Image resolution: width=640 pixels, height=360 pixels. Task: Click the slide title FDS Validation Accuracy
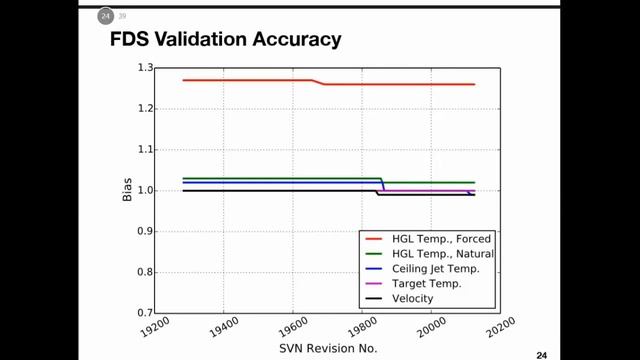pyautogui.click(x=226, y=40)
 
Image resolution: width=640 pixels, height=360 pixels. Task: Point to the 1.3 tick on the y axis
pyautogui.click(x=145, y=68)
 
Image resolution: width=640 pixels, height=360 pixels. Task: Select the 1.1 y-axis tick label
pyautogui.click(x=145, y=150)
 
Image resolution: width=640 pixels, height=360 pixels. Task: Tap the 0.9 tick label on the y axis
pyautogui.click(x=145, y=231)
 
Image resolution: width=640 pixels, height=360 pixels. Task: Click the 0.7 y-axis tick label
pyautogui.click(x=145, y=313)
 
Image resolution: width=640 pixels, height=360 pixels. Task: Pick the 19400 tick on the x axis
pyautogui.click(x=224, y=328)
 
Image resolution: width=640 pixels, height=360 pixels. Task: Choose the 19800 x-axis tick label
pyautogui.click(x=362, y=328)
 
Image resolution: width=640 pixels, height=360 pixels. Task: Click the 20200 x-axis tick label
pyautogui.click(x=500, y=328)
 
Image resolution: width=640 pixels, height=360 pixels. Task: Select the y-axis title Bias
pyautogui.click(x=127, y=190)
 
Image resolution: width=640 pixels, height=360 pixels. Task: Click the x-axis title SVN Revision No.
pyautogui.click(x=328, y=349)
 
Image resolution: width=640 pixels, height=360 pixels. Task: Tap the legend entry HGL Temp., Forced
pyautogui.click(x=441, y=239)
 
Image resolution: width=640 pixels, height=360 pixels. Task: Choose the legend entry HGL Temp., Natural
pyautogui.click(x=443, y=254)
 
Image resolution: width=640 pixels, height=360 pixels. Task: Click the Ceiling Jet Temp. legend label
pyautogui.click(x=436, y=269)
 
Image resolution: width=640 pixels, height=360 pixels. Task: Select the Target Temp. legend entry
pyautogui.click(x=427, y=284)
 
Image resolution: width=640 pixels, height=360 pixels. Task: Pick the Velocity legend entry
pyautogui.click(x=413, y=299)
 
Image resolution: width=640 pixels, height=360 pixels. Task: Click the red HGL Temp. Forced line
pyautogui.click(x=329, y=84)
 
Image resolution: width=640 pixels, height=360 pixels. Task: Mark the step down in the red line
pyautogui.click(x=318, y=82)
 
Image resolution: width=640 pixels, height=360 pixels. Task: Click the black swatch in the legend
pyautogui.click(x=373, y=299)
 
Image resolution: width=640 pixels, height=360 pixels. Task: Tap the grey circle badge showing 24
pyautogui.click(x=105, y=16)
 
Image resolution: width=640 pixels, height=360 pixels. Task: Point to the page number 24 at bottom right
pyautogui.click(x=542, y=356)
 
